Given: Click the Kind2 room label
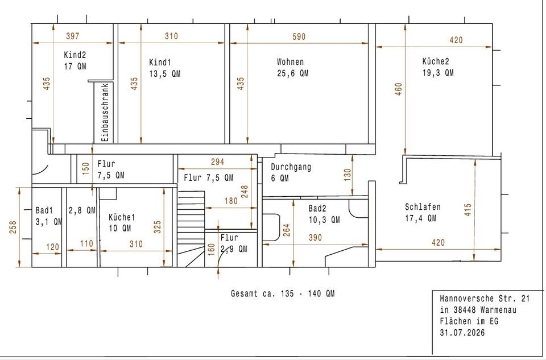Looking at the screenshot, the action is click(75, 55).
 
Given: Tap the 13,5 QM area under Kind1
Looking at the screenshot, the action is click(165, 74).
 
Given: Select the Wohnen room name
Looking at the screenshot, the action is click(291, 62).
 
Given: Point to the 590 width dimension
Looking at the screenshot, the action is click(299, 36).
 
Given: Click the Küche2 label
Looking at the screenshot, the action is click(436, 61).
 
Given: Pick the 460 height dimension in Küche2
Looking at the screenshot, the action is click(399, 89).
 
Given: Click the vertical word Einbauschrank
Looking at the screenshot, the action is click(106, 112).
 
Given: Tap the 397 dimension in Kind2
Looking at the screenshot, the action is click(72, 36).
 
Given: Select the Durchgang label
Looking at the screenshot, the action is click(291, 167).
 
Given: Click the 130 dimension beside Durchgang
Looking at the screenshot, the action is click(347, 175).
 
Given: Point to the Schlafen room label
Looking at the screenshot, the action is click(423, 207).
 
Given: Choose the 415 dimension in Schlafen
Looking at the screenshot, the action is click(468, 210).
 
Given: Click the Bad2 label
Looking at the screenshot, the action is click(317, 209).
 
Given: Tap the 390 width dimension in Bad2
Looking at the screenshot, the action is click(315, 238).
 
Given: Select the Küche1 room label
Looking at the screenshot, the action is click(122, 217).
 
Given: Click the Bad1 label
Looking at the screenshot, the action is click(44, 210).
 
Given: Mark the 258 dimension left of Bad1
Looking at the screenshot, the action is click(13, 227).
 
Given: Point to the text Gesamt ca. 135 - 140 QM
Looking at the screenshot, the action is click(283, 293).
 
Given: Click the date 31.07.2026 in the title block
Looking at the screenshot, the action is click(462, 333).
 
